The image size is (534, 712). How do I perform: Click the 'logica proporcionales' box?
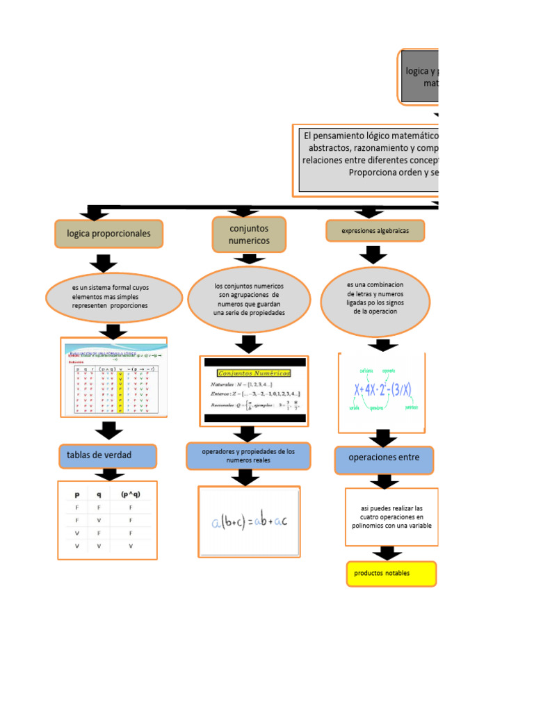(108, 234)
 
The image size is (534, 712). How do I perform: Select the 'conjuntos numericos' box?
(248, 234)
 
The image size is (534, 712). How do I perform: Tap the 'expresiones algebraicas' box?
(375, 231)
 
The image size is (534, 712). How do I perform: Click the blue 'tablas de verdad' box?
(107, 455)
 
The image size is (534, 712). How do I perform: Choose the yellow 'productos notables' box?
(391, 574)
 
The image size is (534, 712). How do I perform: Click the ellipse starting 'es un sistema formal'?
(115, 297)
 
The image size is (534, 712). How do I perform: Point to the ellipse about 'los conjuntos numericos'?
(249, 299)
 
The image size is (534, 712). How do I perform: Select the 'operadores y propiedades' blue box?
(248, 456)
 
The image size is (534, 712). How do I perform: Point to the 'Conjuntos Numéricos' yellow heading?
(254, 373)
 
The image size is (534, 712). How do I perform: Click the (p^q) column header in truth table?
(130, 495)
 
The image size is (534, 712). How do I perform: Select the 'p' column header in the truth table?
(76, 495)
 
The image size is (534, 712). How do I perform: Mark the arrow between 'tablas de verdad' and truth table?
(108, 474)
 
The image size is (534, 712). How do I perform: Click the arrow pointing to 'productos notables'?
(387, 553)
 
